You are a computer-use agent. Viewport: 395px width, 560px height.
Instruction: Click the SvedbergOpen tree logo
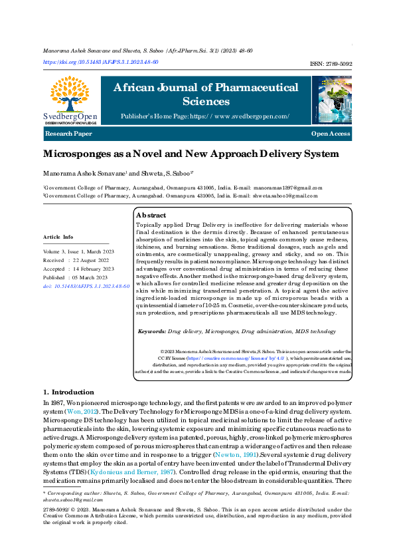tap(70, 96)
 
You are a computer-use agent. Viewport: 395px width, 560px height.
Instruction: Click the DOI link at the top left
tap(100, 62)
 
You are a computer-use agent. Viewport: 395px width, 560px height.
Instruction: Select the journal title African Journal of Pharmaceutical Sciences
tap(206, 94)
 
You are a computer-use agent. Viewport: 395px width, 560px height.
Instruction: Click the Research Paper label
tap(68, 134)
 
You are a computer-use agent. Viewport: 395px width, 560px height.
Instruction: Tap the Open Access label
tap(330, 134)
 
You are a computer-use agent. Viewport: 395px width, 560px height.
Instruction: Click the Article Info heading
tap(58, 237)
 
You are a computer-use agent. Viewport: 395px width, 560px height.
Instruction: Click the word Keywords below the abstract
tap(151, 331)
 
